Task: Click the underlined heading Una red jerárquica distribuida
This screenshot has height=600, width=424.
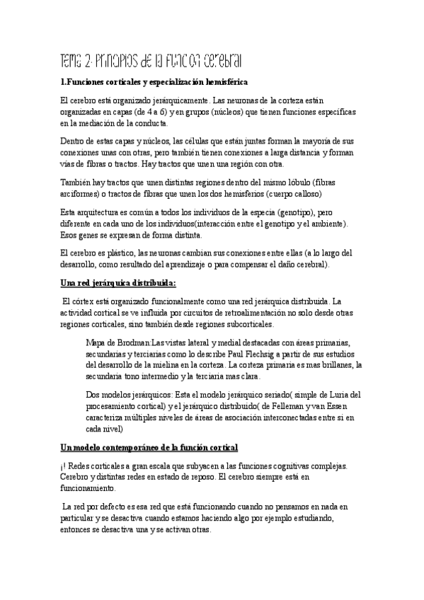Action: pos(118,283)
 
